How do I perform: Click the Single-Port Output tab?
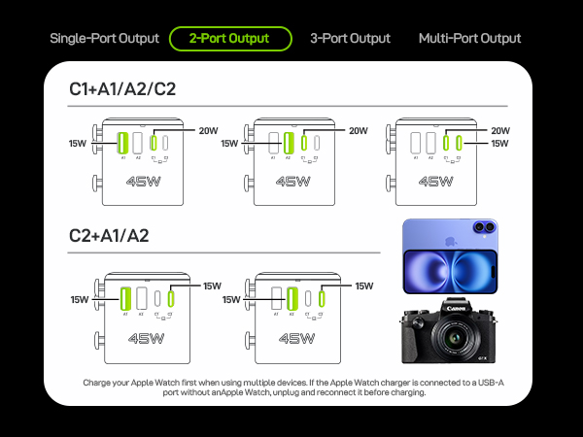104,39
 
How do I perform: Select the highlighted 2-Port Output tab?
230,39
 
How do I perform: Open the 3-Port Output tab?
351,39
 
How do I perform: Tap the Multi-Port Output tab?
469,39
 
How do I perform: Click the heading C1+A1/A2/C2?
121,89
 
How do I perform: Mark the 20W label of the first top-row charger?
209,131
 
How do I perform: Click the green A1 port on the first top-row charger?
123,143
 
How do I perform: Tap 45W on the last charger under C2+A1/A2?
295,340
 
